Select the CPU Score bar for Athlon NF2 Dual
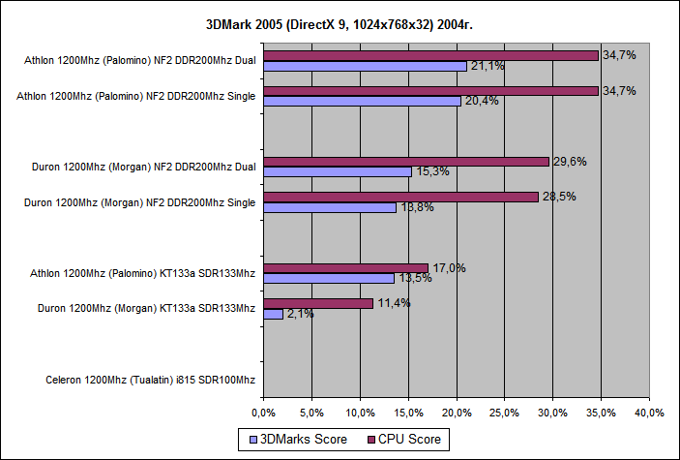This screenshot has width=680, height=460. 430,55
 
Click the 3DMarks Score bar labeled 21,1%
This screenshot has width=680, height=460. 365,66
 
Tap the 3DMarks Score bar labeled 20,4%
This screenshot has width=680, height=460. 362,101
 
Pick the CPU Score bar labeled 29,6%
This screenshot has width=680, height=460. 406,162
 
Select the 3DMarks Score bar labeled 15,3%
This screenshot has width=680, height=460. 338,171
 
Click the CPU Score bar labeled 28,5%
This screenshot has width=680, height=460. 400,197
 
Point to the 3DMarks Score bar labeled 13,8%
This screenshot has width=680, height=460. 330,207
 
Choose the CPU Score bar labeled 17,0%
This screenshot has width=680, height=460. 345,268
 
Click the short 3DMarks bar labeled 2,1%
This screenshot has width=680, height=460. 273,314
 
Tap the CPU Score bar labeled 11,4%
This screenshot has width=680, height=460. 318,303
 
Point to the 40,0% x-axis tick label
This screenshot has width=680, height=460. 649,413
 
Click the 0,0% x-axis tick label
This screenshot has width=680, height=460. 264,413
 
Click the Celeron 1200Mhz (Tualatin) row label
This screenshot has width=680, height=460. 150,380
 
